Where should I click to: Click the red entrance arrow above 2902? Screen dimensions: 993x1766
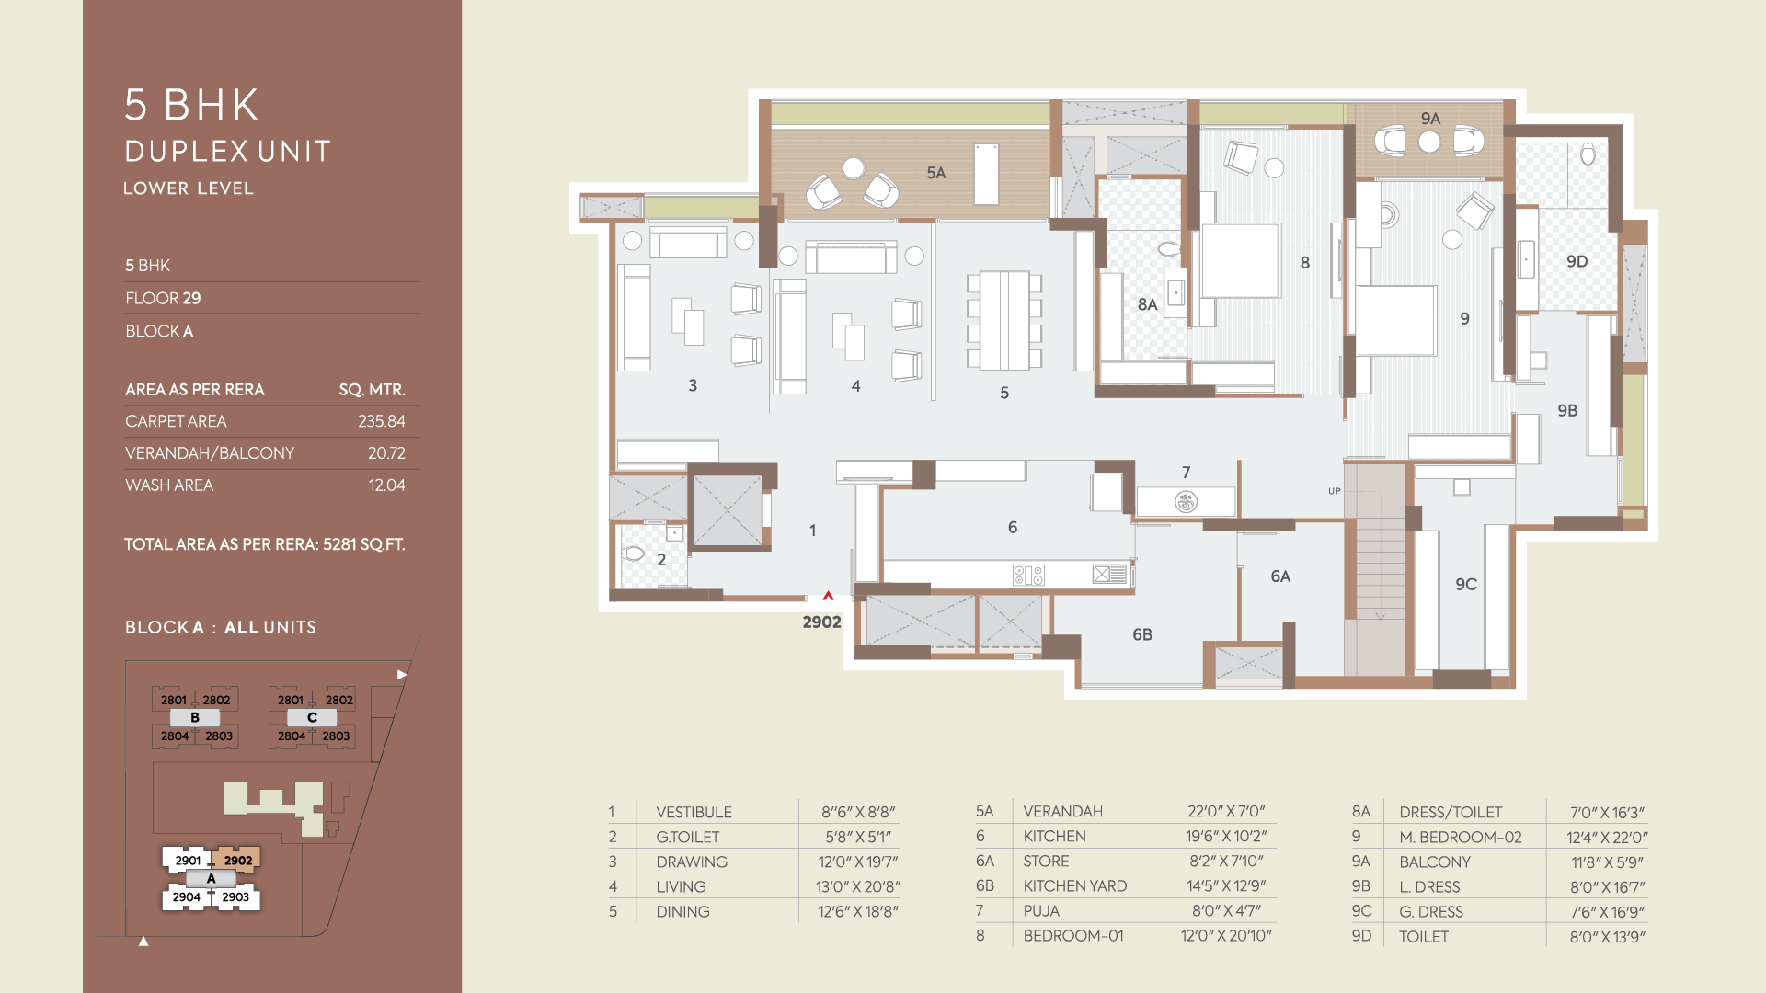point(828,596)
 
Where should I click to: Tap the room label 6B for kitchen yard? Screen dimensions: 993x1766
point(1141,634)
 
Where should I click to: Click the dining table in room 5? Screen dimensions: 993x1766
point(1003,320)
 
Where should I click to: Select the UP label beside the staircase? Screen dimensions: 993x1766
point(1334,491)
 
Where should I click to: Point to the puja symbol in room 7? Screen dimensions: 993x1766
point(1186,502)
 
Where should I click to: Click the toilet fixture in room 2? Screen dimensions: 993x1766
point(633,554)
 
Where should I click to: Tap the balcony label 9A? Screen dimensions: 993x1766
point(1430,119)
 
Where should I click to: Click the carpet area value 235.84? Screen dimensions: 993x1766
point(381,421)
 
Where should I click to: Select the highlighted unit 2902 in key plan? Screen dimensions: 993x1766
point(237,861)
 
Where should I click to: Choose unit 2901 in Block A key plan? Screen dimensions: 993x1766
point(188,861)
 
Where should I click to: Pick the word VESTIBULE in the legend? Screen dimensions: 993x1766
point(694,812)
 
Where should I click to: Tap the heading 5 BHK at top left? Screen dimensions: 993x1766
point(192,105)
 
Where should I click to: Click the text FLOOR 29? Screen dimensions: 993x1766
point(163,298)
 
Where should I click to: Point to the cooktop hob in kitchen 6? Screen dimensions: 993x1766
point(1028,576)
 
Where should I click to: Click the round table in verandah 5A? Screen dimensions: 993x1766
point(854,168)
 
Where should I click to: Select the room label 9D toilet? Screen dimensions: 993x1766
point(1577,261)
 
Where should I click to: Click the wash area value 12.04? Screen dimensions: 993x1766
point(386,485)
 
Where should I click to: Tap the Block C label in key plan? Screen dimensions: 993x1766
point(312,717)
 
